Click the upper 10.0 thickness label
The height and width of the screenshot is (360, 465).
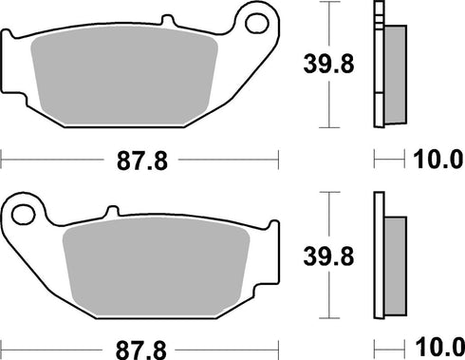click(x=435, y=161)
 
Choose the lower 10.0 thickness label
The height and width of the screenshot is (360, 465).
click(x=435, y=349)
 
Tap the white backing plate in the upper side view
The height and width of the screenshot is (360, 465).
click(x=380, y=71)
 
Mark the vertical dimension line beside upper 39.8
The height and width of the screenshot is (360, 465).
click(x=327, y=65)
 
